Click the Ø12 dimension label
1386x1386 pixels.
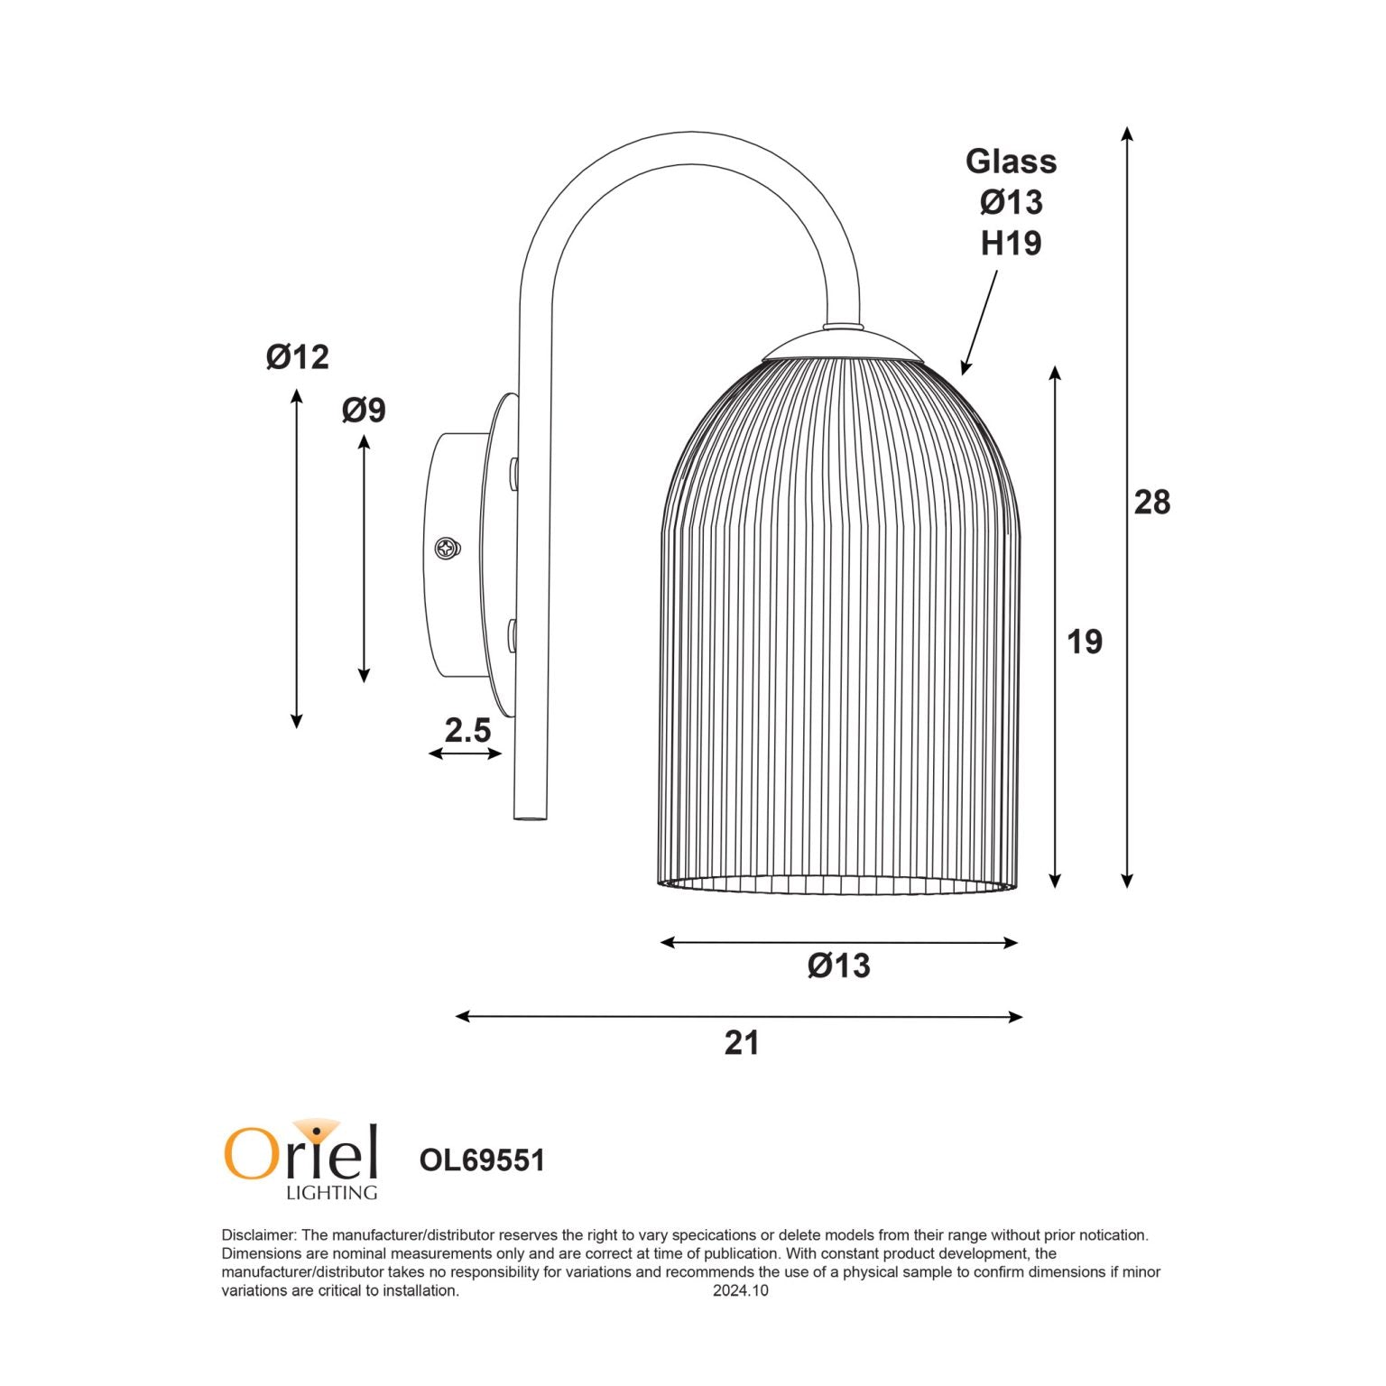coord(298,357)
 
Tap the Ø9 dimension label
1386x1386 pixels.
coord(364,411)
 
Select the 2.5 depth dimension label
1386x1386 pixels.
coord(467,730)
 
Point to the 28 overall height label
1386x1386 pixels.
coord(1152,503)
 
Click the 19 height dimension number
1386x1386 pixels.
coord(1085,642)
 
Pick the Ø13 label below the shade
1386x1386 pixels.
coord(839,966)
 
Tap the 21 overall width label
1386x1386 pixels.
coord(742,1043)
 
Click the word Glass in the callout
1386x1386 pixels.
coord(1011,162)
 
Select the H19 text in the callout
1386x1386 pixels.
coord(1011,244)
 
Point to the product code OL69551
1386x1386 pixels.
coord(482,1160)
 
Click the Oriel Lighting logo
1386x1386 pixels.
coord(301,1160)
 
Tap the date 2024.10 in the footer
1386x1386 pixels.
coord(741,1290)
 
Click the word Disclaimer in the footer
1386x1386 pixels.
coord(258,1235)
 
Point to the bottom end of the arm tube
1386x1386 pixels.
coord(531,815)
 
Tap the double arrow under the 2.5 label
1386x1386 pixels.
coord(465,753)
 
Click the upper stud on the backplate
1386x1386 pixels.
coord(513,474)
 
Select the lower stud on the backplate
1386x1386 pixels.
coord(513,634)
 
